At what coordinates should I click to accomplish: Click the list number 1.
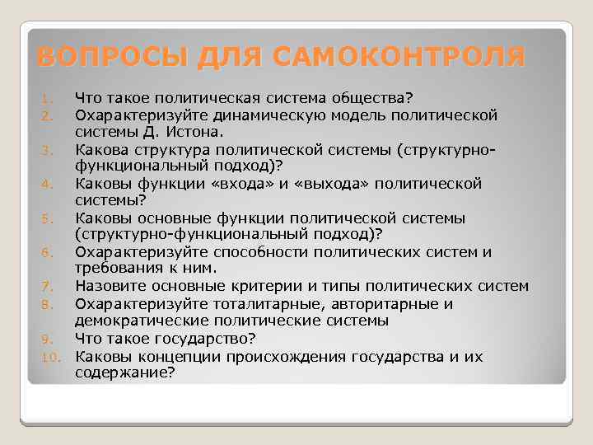point(48,100)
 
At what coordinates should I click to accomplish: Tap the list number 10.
point(50,358)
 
